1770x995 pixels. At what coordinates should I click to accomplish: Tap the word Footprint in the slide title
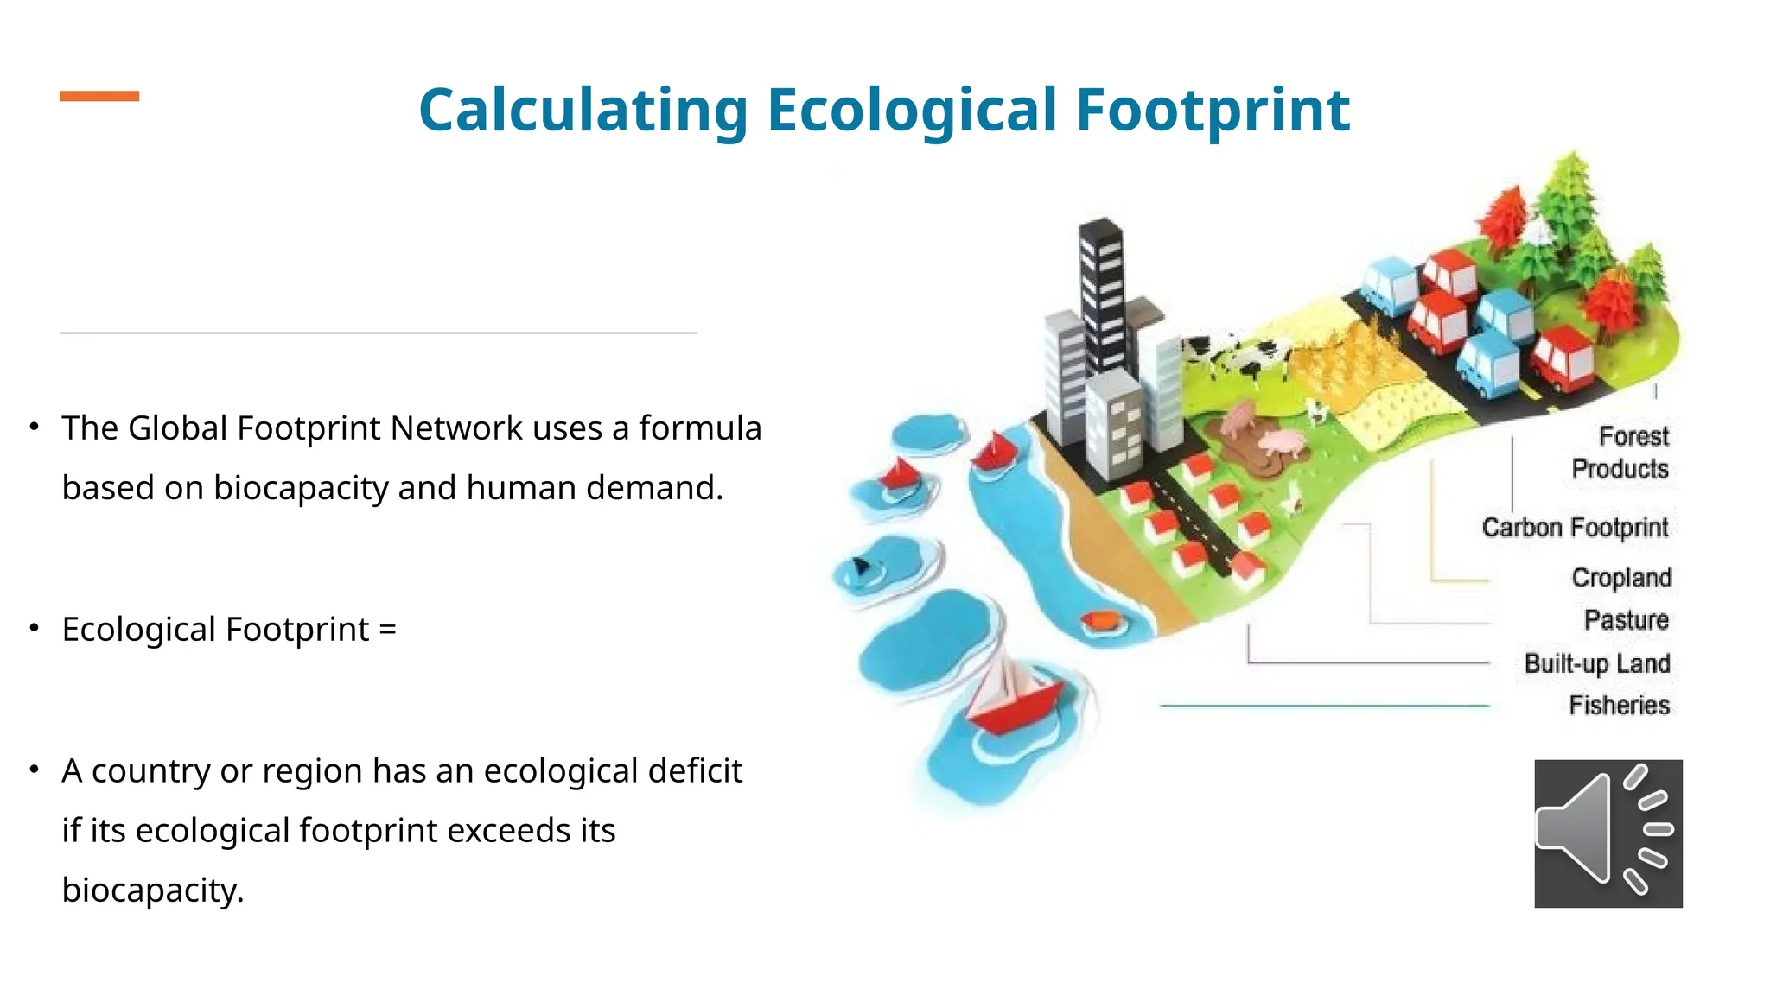click(x=1212, y=111)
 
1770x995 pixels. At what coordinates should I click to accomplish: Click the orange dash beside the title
click(x=99, y=96)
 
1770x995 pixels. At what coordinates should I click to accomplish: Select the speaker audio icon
click(x=1608, y=833)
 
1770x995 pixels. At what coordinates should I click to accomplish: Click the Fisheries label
click(x=1619, y=705)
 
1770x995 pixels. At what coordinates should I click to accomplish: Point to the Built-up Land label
click(x=1596, y=663)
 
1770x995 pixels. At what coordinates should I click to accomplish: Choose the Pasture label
click(x=1626, y=620)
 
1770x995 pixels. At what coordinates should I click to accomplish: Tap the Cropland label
click(x=1621, y=577)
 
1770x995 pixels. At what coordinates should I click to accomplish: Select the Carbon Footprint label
click(x=1575, y=527)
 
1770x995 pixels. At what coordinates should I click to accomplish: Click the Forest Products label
click(x=1620, y=453)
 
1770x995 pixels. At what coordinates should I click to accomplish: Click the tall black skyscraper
click(x=1101, y=294)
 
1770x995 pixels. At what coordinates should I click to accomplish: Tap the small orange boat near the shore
click(x=1101, y=620)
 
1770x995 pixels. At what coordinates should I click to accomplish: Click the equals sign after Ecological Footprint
click(x=387, y=630)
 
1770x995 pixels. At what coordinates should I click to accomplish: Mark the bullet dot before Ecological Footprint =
click(x=34, y=628)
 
